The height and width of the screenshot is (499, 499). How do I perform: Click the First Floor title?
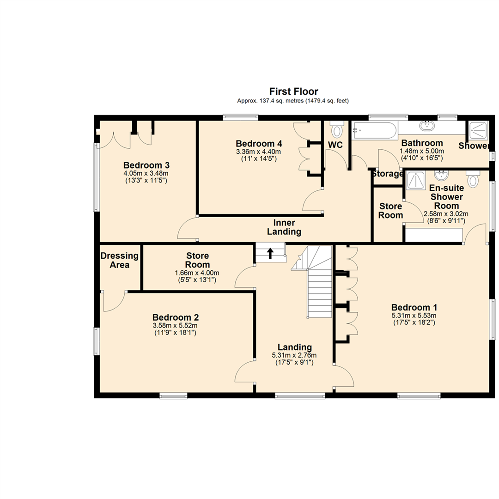[293, 91]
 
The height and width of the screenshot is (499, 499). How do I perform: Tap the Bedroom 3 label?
[146, 165]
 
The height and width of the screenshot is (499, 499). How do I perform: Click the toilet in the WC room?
[337, 130]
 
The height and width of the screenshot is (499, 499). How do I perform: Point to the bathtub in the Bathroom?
[374, 130]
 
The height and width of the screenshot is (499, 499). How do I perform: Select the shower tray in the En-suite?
[416, 181]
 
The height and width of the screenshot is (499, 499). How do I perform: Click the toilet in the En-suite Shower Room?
[473, 179]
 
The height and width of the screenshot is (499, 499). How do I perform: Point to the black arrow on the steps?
[270, 253]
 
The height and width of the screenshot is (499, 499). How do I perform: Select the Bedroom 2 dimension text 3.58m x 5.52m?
[176, 326]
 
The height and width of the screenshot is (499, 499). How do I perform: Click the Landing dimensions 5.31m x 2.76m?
[294, 356]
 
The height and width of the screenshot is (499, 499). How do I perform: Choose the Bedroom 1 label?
[414, 307]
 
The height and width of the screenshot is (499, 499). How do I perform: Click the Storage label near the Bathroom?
[387, 174]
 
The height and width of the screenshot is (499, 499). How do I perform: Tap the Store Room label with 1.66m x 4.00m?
[197, 260]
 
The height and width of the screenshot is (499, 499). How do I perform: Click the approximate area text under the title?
[293, 101]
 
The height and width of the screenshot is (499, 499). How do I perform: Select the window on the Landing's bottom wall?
[300, 395]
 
